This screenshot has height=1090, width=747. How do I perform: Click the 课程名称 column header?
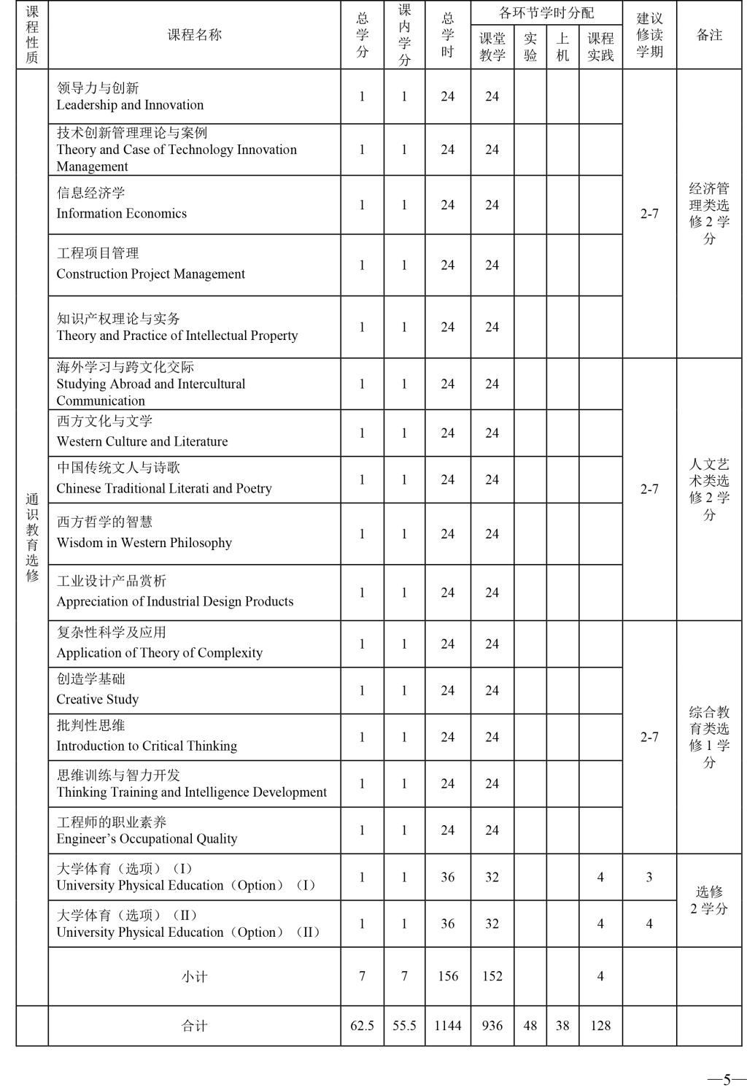pyautogui.click(x=194, y=35)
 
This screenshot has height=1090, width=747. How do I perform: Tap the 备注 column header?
pyautogui.click(x=709, y=35)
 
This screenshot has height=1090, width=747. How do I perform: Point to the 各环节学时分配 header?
pyautogui.click(x=546, y=13)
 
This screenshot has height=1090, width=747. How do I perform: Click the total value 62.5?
pyautogui.click(x=362, y=1025)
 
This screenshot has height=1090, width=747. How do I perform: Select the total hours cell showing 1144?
pyautogui.click(x=447, y=1025)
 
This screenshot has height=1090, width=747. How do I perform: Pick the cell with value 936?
pyautogui.click(x=492, y=1025)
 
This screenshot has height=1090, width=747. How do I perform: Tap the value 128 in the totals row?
pyautogui.click(x=600, y=1025)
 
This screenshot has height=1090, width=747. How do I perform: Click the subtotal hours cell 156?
pyautogui.click(x=447, y=976)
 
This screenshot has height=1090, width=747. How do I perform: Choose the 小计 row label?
pyautogui.click(x=194, y=976)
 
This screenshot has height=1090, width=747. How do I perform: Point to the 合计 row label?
pyautogui.click(x=194, y=1026)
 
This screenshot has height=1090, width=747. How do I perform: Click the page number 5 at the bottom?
pyautogui.click(x=727, y=1079)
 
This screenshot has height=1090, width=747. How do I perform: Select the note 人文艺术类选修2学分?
pyautogui.click(x=709, y=489)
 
